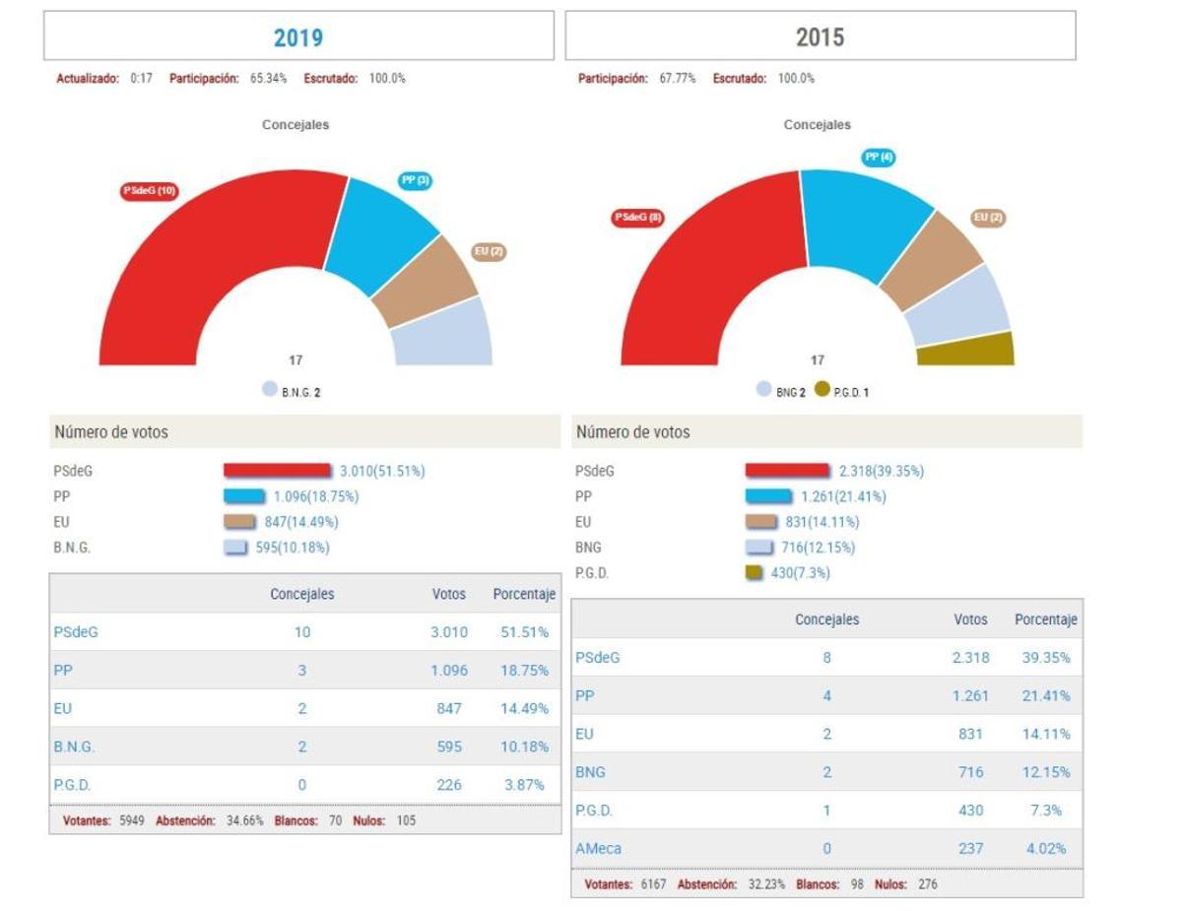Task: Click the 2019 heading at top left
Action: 298,37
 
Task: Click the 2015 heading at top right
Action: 820,37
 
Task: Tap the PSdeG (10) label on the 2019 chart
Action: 150,191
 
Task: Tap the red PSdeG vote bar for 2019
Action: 277,471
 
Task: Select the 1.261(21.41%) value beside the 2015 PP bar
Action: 843,496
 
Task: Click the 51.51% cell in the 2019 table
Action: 524,632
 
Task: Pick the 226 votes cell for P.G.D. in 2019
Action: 449,785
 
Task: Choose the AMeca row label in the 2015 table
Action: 598,848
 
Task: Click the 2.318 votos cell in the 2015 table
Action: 970,657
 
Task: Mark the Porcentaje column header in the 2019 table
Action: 524,595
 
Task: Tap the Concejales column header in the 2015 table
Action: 826,619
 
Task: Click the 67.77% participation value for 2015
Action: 677,79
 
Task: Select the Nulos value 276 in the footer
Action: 927,884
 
